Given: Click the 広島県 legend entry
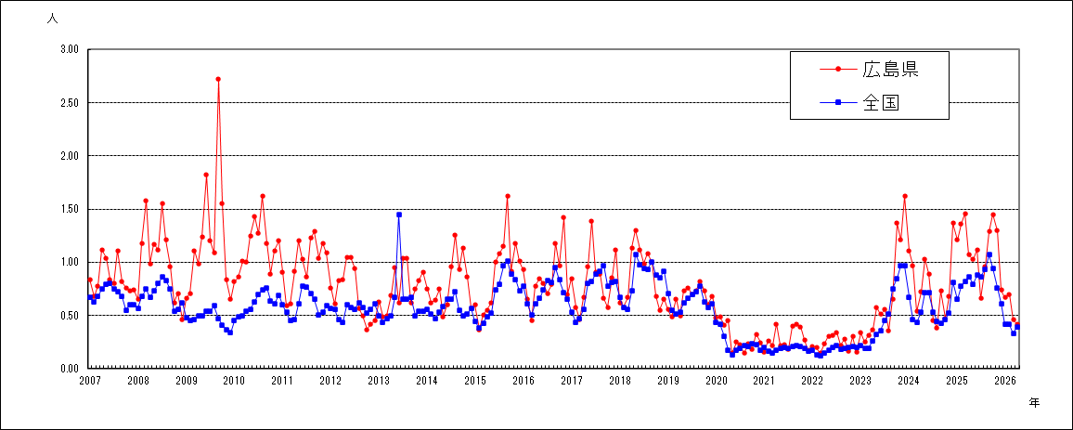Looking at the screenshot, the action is [x=869, y=69].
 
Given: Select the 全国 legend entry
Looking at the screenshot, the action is [x=859, y=102].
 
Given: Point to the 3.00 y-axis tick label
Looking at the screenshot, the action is [x=71, y=49].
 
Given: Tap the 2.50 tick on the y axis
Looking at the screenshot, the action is [x=71, y=103].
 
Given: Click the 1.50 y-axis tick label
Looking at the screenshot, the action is [x=71, y=209].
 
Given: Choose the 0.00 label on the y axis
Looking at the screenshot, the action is [x=71, y=369].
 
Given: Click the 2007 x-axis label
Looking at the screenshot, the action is [x=90, y=381].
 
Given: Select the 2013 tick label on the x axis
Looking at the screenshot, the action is [x=379, y=381].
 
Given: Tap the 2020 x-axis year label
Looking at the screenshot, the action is [x=716, y=381].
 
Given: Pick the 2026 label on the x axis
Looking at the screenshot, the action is [x=1004, y=381].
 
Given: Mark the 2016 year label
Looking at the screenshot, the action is [x=523, y=381].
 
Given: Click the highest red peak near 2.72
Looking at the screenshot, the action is [x=217, y=79].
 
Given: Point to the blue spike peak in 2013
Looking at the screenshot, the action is [x=399, y=215].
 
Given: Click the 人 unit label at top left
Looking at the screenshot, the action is [x=52, y=19].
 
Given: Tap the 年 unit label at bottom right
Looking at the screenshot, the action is [x=1034, y=403].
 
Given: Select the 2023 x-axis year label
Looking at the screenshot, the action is [x=860, y=381].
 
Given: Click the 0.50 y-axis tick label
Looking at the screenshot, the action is [x=71, y=315].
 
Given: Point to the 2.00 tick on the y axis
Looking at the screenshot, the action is [x=71, y=155].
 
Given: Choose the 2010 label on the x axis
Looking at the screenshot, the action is [x=234, y=381].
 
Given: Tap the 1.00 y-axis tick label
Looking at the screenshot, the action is [x=71, y=262].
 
